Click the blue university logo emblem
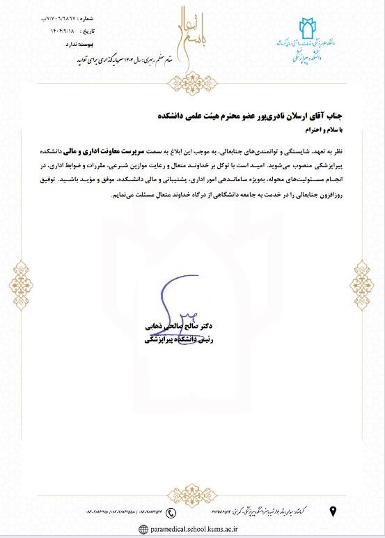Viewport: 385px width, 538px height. [307, 31]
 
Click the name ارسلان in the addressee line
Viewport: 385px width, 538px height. [322, 116]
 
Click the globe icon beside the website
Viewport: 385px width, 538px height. [143, 529]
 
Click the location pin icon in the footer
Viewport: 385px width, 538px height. [333, 513]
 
